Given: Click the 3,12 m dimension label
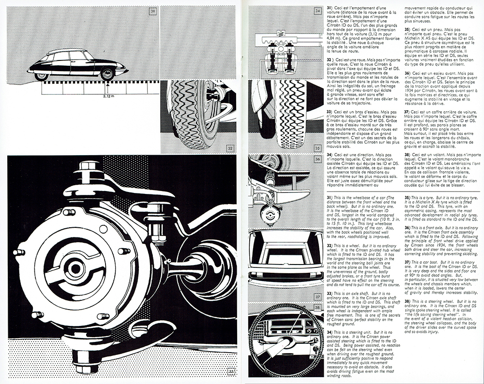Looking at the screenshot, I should (x=110, y=96).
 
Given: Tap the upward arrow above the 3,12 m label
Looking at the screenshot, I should (x=107, y=88).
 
